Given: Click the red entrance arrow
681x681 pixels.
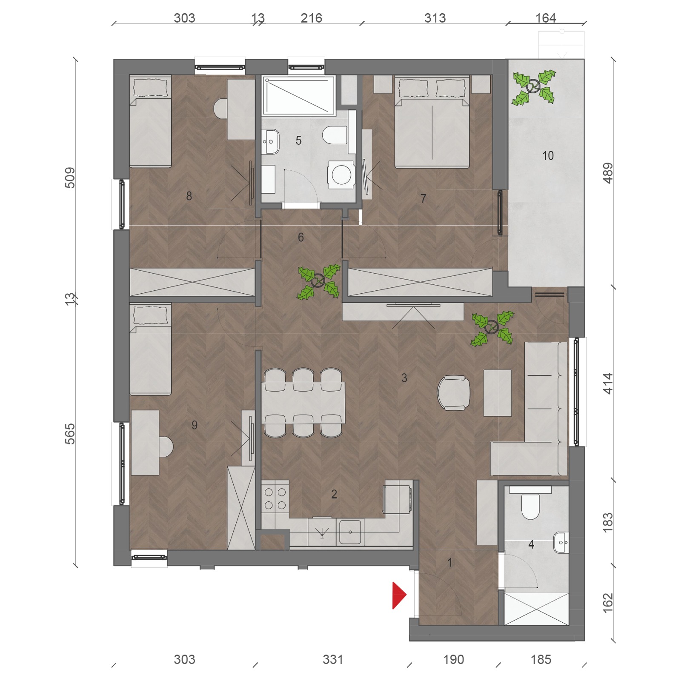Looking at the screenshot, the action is pos(398,595).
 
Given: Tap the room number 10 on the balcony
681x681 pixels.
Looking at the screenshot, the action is pos(548,156).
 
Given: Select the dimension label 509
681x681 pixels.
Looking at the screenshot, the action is pos(70,177).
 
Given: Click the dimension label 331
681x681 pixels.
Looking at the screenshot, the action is pos(333,659).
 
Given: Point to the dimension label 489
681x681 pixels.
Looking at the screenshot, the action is pos(608,173).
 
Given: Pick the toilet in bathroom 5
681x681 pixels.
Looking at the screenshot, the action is pos(335,135).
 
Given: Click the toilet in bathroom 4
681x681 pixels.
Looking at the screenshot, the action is pos(530,506).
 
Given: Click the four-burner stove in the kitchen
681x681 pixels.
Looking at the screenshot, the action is pos(275,498).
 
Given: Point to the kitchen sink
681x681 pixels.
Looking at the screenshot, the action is pos(350,532).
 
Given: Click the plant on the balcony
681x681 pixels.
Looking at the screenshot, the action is pos(534,88).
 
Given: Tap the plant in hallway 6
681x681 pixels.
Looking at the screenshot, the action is pos(319,281).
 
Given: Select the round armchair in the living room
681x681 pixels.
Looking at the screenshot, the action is pos(454,393).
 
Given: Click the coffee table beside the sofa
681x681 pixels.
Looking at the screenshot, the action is pos(498,393).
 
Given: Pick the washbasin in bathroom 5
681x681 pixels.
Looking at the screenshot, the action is pos(270,141).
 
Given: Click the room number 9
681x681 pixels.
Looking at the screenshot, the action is pos(195,425).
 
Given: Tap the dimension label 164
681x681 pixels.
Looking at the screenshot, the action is pos(545,18).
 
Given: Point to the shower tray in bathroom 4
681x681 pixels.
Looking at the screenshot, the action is pos(536,609).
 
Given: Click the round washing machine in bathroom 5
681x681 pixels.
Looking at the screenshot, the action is pos(341,175).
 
